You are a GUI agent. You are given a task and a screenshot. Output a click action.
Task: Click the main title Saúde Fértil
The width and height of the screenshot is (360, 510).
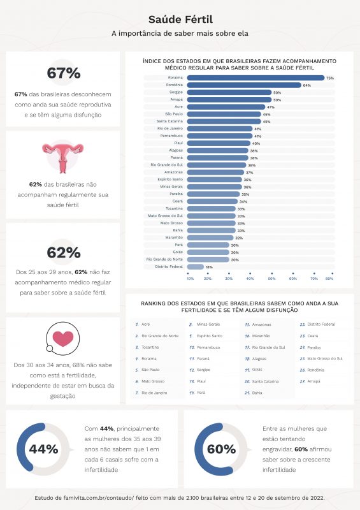pyautogui.click(x=180, y=20)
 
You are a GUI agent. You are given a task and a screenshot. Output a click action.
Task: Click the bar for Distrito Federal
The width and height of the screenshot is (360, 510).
pyautogui.click(x=195, y=267)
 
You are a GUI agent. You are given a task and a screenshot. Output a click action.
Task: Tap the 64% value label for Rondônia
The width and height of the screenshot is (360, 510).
pyautogui.click(x=306, y=85)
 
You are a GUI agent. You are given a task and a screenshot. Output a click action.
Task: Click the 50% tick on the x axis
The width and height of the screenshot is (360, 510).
pyautogui.click(x=271, y=278)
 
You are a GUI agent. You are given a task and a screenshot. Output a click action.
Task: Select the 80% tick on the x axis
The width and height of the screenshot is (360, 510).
pyautogui.click(x=329, y=278)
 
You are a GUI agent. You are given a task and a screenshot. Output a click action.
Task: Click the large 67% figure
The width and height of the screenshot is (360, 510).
pyautogui.click(x=62, y=73)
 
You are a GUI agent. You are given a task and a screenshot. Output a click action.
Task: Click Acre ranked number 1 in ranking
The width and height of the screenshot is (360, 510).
pyautogui.click(x=146, y=324)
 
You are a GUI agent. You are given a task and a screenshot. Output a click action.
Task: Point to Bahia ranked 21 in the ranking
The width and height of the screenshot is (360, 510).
pyautogui.click(x=257, y=393)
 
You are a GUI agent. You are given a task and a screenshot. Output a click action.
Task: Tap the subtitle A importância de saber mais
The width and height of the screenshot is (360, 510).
pyautogui.click(x=180, y=33)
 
